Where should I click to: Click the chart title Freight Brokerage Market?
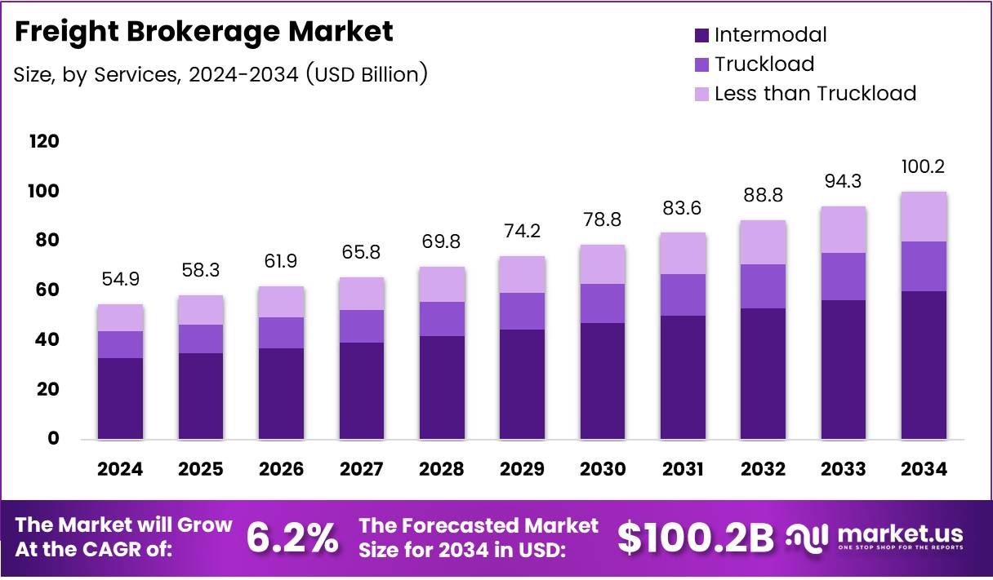point(203,32)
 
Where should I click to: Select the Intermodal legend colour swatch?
point(701,35)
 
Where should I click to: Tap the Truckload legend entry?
point(764,64)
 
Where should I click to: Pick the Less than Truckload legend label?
point(814,94)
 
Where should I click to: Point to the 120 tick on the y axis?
point(44,142)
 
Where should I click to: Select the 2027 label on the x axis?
point(361,469)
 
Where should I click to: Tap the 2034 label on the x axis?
point(924,469)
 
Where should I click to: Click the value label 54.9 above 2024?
point(120,278)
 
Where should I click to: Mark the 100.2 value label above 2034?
point(924,166)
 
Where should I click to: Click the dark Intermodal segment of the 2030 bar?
point(602,381)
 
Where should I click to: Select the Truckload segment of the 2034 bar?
point(924,266)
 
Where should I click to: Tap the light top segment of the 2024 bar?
point(120,318)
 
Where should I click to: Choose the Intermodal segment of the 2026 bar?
point(281,393)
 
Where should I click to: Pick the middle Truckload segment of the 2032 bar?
point(763,286)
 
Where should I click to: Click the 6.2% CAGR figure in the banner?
point(292,537)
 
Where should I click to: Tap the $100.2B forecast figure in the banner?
point(695,537)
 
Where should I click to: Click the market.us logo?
point(876,537)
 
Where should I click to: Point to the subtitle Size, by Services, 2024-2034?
point(220,74)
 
